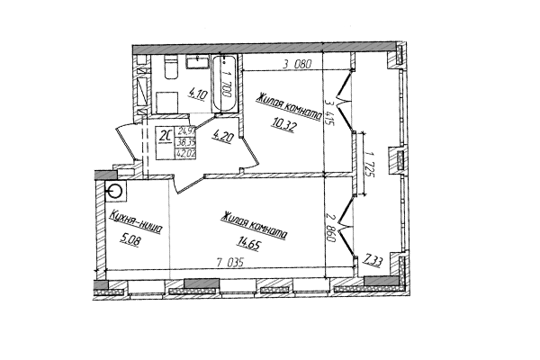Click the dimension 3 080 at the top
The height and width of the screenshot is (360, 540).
point(296,64)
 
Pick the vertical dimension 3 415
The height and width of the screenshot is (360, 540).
point(329,116)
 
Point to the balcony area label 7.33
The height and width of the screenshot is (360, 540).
point(374,260)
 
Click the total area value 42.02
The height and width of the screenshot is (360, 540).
point(188,152)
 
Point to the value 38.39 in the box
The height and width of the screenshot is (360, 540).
point(188,141)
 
